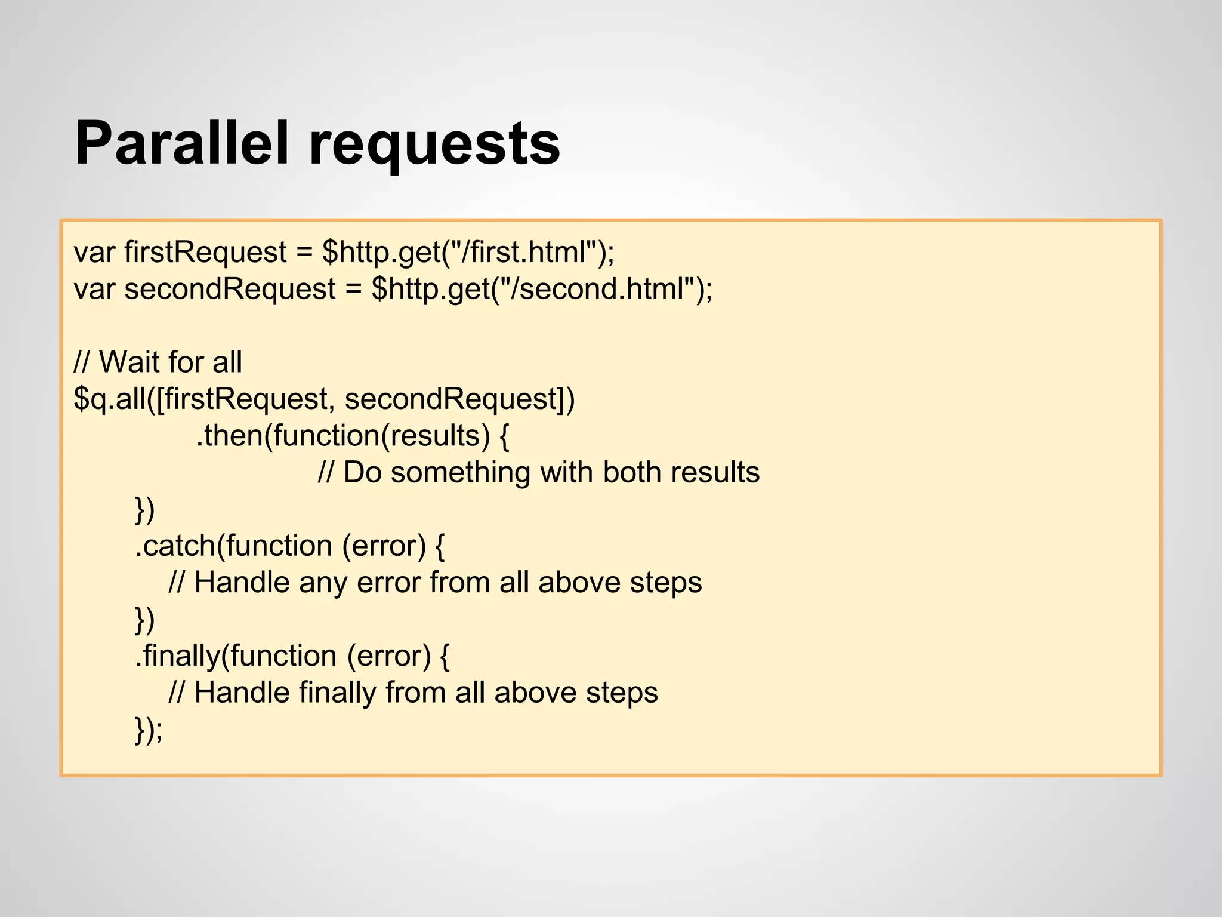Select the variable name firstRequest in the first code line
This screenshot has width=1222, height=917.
(x=205, y=252)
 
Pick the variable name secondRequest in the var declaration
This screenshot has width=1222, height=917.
(x=230, y=289)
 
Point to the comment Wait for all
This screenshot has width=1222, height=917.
(x=170, y=362)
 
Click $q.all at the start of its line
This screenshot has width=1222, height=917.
(x=110, y=399)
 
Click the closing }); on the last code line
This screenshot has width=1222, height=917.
(x=149, y=730)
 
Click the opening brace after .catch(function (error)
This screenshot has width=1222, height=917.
(x=440, y=546)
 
